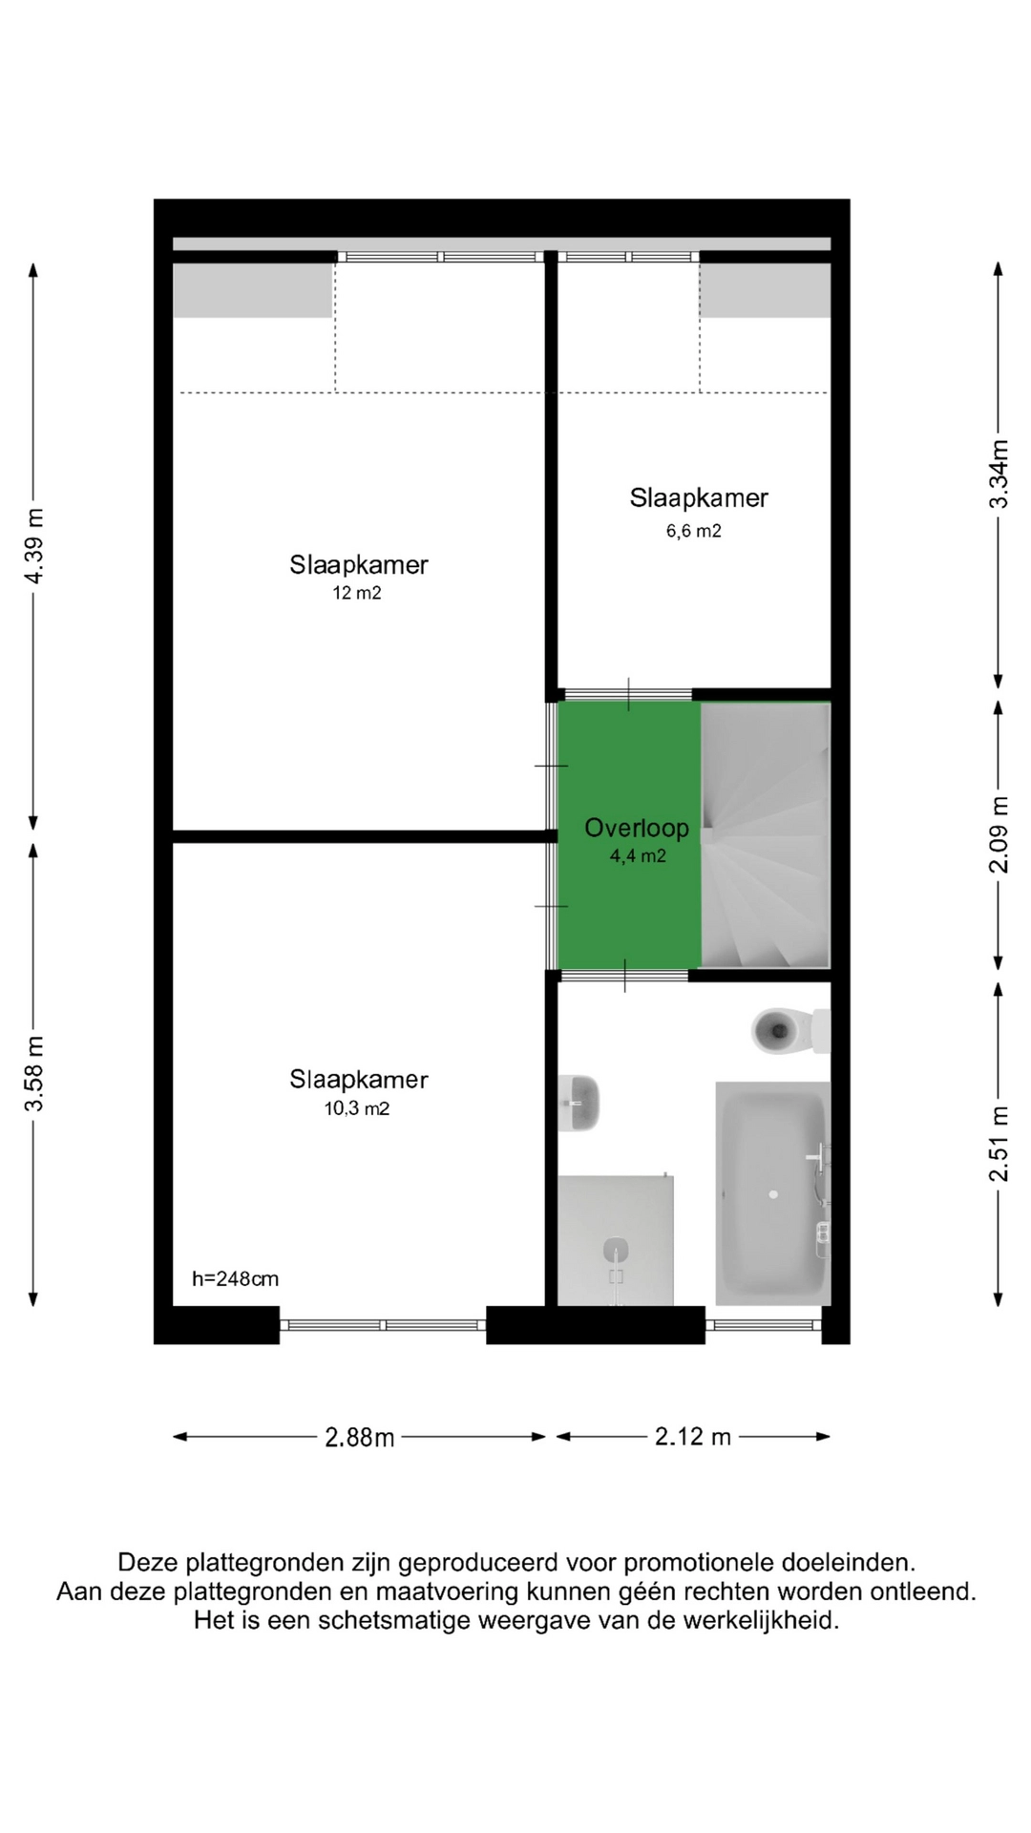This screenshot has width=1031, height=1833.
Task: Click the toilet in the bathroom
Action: (789, 1031)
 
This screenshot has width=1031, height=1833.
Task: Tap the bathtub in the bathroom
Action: (773, 1193)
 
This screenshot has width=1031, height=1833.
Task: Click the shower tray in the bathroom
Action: (616, 1240)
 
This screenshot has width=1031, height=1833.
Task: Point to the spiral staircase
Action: (766, 835)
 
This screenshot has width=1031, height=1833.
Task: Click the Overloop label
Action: (637, 828)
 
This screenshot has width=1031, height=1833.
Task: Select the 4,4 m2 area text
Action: (638, 856)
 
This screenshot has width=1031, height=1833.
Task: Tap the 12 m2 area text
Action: (357, 593)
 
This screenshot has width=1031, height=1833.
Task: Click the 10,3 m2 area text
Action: (357, 1108)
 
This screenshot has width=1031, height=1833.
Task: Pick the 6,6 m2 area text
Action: (694, 531)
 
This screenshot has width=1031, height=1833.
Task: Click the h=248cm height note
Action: (236, 1279)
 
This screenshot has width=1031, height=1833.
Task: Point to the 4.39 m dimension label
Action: (34, 546)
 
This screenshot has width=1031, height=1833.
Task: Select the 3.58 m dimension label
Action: (34, 1074)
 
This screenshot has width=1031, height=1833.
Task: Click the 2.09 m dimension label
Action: (999, 834)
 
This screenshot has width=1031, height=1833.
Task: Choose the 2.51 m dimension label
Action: (999, 1144)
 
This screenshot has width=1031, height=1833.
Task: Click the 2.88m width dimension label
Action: (360, 1437)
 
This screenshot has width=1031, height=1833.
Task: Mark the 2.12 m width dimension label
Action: (693, 1436)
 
